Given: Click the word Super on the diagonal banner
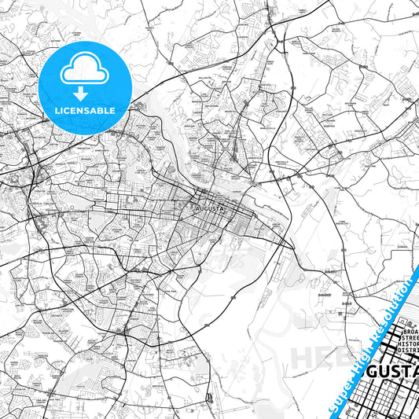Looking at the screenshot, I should click(344, 391).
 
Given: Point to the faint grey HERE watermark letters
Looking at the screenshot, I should click(318, 355).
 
